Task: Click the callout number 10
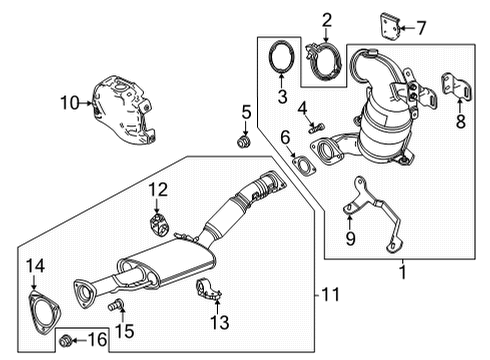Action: pyautogui.click(x=68, y=101)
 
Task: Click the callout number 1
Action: pyautogui.click(x=402, y=271)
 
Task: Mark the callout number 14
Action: pyautogui.click(x=35, y=266)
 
